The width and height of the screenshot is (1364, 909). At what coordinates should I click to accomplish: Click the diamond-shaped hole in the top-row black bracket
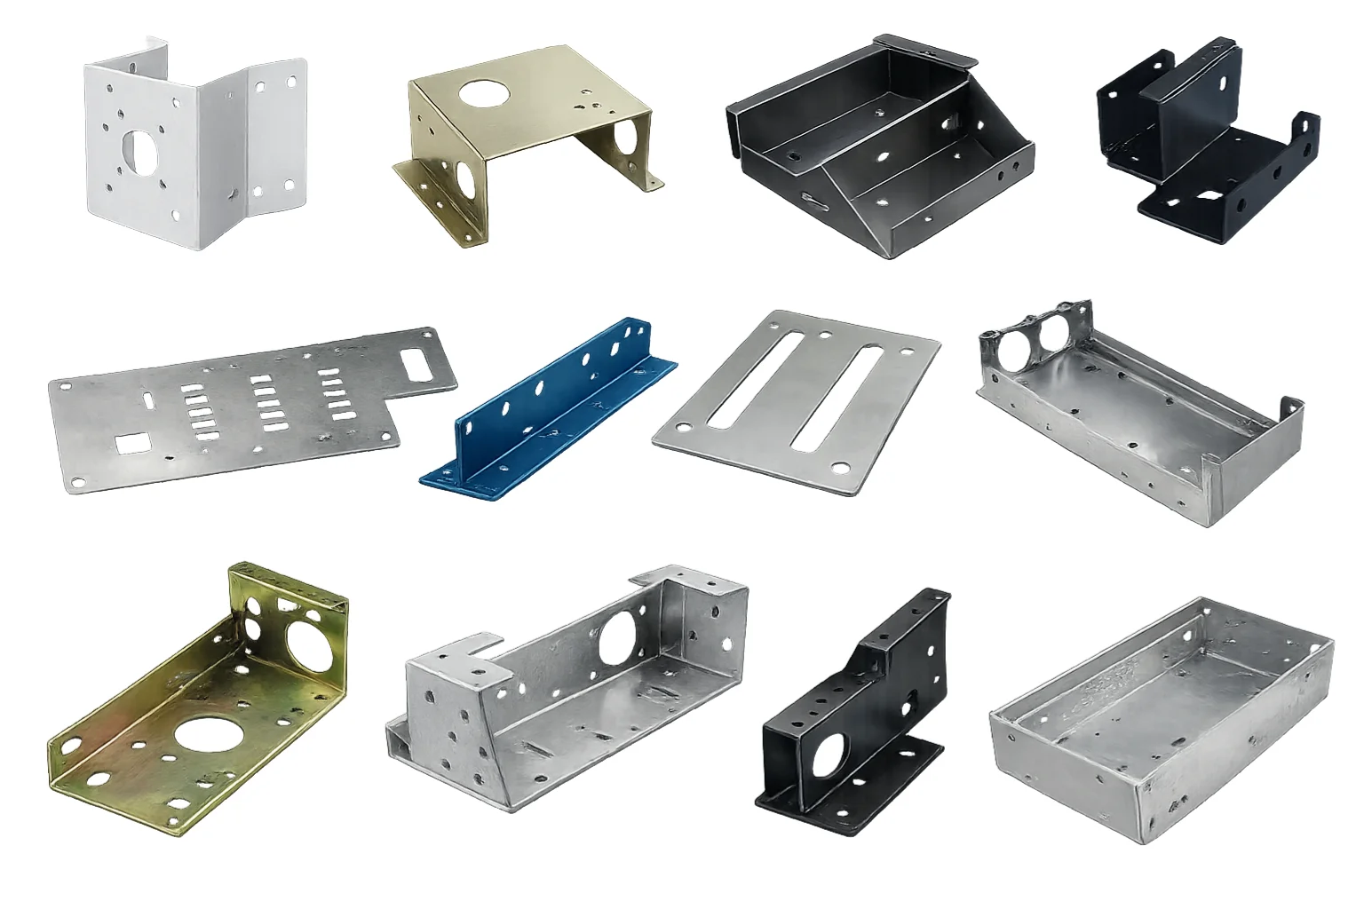click(x=1208, y=196)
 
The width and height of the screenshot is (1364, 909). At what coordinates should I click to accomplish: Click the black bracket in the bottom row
click(x=852, y=710)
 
